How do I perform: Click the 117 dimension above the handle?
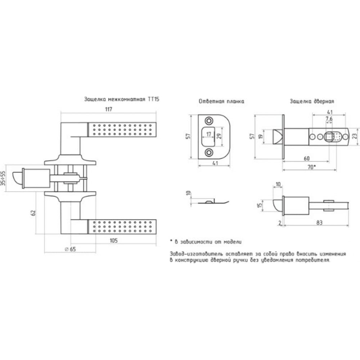pyautogui.click(x=109, y=109)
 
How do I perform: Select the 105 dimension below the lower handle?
pyautogui.click(x=114, y=240)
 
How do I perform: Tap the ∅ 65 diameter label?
pyautogui.click(x=71, y=249)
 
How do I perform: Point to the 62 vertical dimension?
pyautogui.click(x=33, y=213)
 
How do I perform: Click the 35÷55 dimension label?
pyautogui.click(x=3, y=178)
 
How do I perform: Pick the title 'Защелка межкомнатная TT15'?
pyautogui.click(x=122, y=99)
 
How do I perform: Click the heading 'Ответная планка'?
pyautogui.click(x=221, y=101)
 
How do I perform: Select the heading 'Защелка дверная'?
pyautogui.click(x=312, y=101)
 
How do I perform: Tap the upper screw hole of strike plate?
pyautogui.click(x=209, y=121)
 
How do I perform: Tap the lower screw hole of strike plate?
pyautogui.click(x=209, y=152)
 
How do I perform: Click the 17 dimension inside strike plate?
pyautogui.click(x=208, y=134)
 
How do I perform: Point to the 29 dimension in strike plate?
pyautogui.click(x=220, y=136)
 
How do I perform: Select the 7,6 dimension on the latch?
pyautogui.click(x=329, y=119)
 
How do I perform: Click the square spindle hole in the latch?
pyautogui.click(x=329, y=137)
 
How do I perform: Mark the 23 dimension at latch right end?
pyautogui.click(x=355, y=136)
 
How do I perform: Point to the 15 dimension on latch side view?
pyautogui.click(x=260, y=205)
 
